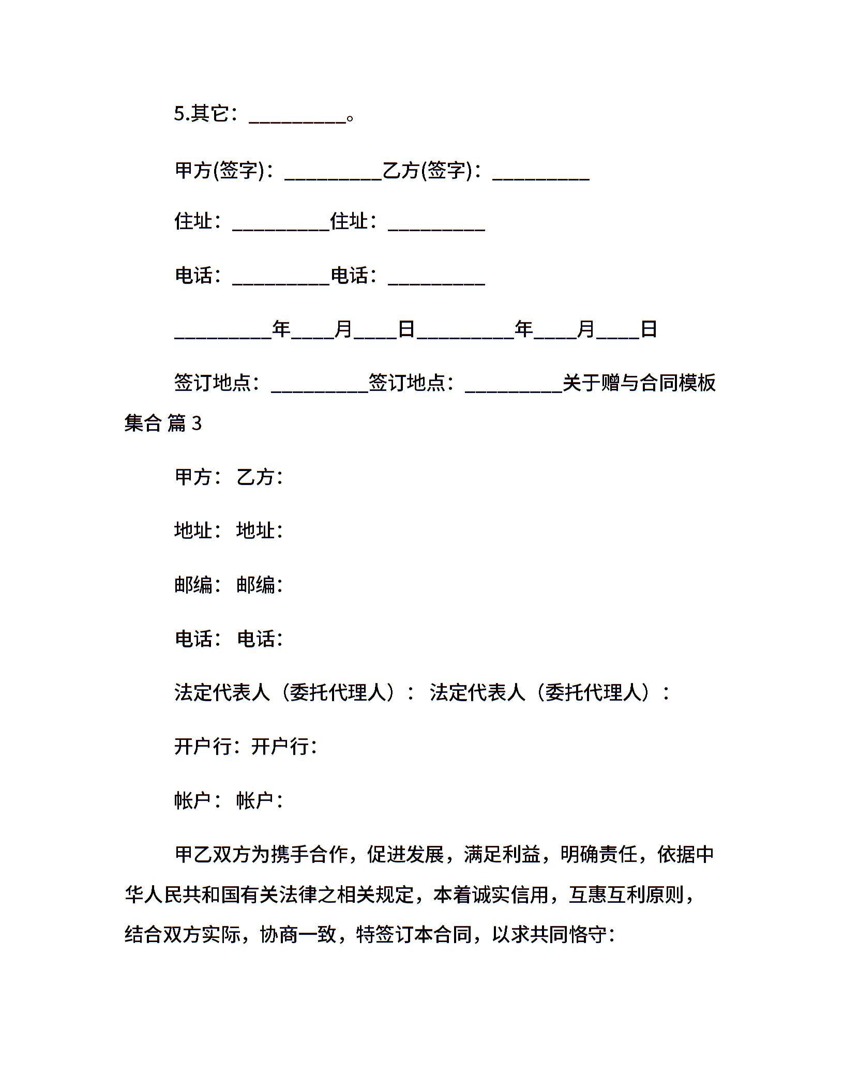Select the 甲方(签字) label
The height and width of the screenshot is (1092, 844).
[x=220, y=170]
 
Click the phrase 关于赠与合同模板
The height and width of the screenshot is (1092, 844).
[x=639, y=383]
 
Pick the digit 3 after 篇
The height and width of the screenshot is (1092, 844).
[x=197, y=424]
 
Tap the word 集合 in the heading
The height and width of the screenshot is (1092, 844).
[x=143, y=424]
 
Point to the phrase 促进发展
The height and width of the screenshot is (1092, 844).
[x=406, y=855]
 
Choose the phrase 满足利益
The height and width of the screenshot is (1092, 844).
[x=502, y=855]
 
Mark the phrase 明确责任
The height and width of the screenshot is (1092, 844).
[x=599, y=855]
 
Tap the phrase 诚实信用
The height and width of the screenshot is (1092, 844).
[x=510, y=895]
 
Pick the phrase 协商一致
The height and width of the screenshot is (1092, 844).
[x=298, y=935]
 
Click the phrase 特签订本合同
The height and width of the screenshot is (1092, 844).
[x=414, y=935]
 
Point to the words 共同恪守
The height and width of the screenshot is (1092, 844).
[x=568, y=935]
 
